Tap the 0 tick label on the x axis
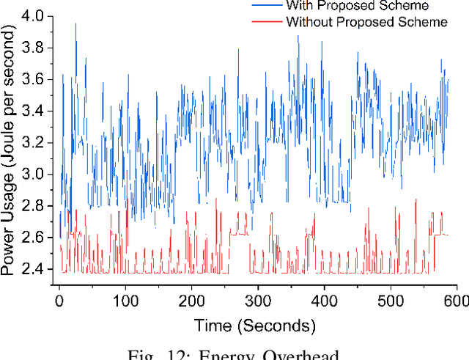(x=59, y=301)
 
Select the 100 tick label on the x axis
(x=125, y=301)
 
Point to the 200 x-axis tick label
(x=191, y=301)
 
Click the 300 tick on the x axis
(x=258, y=301)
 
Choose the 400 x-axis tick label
(x=324, y=301)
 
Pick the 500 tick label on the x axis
(x=390, y=301)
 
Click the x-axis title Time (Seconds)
(x=254, y=325)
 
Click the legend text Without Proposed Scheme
(x=366, y=22)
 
